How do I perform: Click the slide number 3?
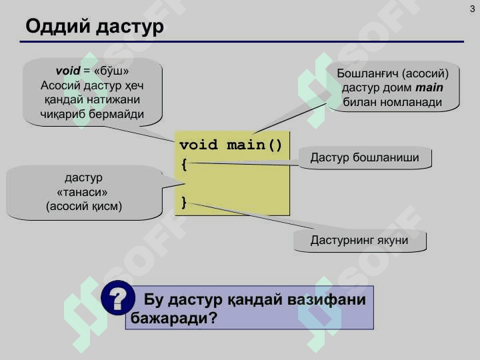[471, 7]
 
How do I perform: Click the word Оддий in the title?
[58, 27]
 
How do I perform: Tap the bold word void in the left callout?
[68, 71]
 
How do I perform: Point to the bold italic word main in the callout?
[429, 87]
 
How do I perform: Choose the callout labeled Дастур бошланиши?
[364, 158]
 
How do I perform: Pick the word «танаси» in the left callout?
[83, 192]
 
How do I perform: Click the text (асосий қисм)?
[83, 206]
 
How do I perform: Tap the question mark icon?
[117, 299]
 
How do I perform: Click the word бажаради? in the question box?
[175, 318]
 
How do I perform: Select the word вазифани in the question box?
[327, 300]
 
